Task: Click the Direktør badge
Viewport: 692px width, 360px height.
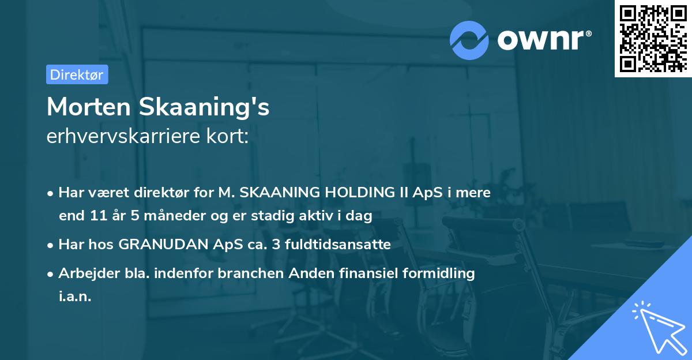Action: (x=77, y=74)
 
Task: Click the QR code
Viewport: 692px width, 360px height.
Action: (x=652, y=38)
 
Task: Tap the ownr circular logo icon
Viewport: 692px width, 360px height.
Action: (x=469, y=40)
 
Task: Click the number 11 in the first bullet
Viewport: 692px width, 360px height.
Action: (x=98, y=216)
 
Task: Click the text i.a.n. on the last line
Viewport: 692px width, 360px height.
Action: (x=74, y=297)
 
